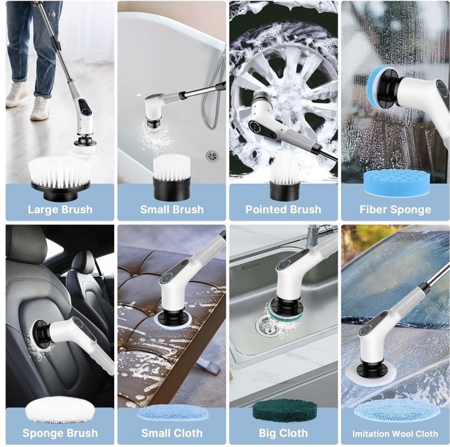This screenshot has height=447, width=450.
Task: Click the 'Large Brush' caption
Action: point(60,209)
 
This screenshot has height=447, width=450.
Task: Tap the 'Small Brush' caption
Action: point(172,209)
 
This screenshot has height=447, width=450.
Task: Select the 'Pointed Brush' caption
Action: point(284,209)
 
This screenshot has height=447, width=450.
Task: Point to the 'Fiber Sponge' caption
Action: point(395,210)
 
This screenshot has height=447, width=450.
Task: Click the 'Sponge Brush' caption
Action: point(60,433)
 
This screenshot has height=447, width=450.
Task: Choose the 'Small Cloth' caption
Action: point(172,433)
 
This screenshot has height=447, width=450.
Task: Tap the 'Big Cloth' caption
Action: point(284,433)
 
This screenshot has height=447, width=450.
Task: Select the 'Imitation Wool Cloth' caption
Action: point(395,433)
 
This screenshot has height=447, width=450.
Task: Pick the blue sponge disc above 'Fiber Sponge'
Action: point(396,182)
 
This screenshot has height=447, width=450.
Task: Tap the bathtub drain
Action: point(212,156)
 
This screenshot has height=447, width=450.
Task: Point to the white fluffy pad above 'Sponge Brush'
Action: point(60,410)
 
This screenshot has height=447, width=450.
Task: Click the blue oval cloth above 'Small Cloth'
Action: point(173,413)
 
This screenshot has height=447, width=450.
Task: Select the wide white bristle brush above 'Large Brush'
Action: point(59,178)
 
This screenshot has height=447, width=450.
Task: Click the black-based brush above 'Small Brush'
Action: point(172,178)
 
